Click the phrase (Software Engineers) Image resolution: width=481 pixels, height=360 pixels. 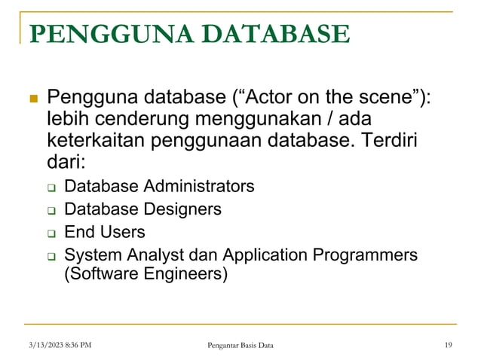(146, 275)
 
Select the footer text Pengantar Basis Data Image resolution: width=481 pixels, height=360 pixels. (240, 345)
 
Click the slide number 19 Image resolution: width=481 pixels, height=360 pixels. (449, 345)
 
